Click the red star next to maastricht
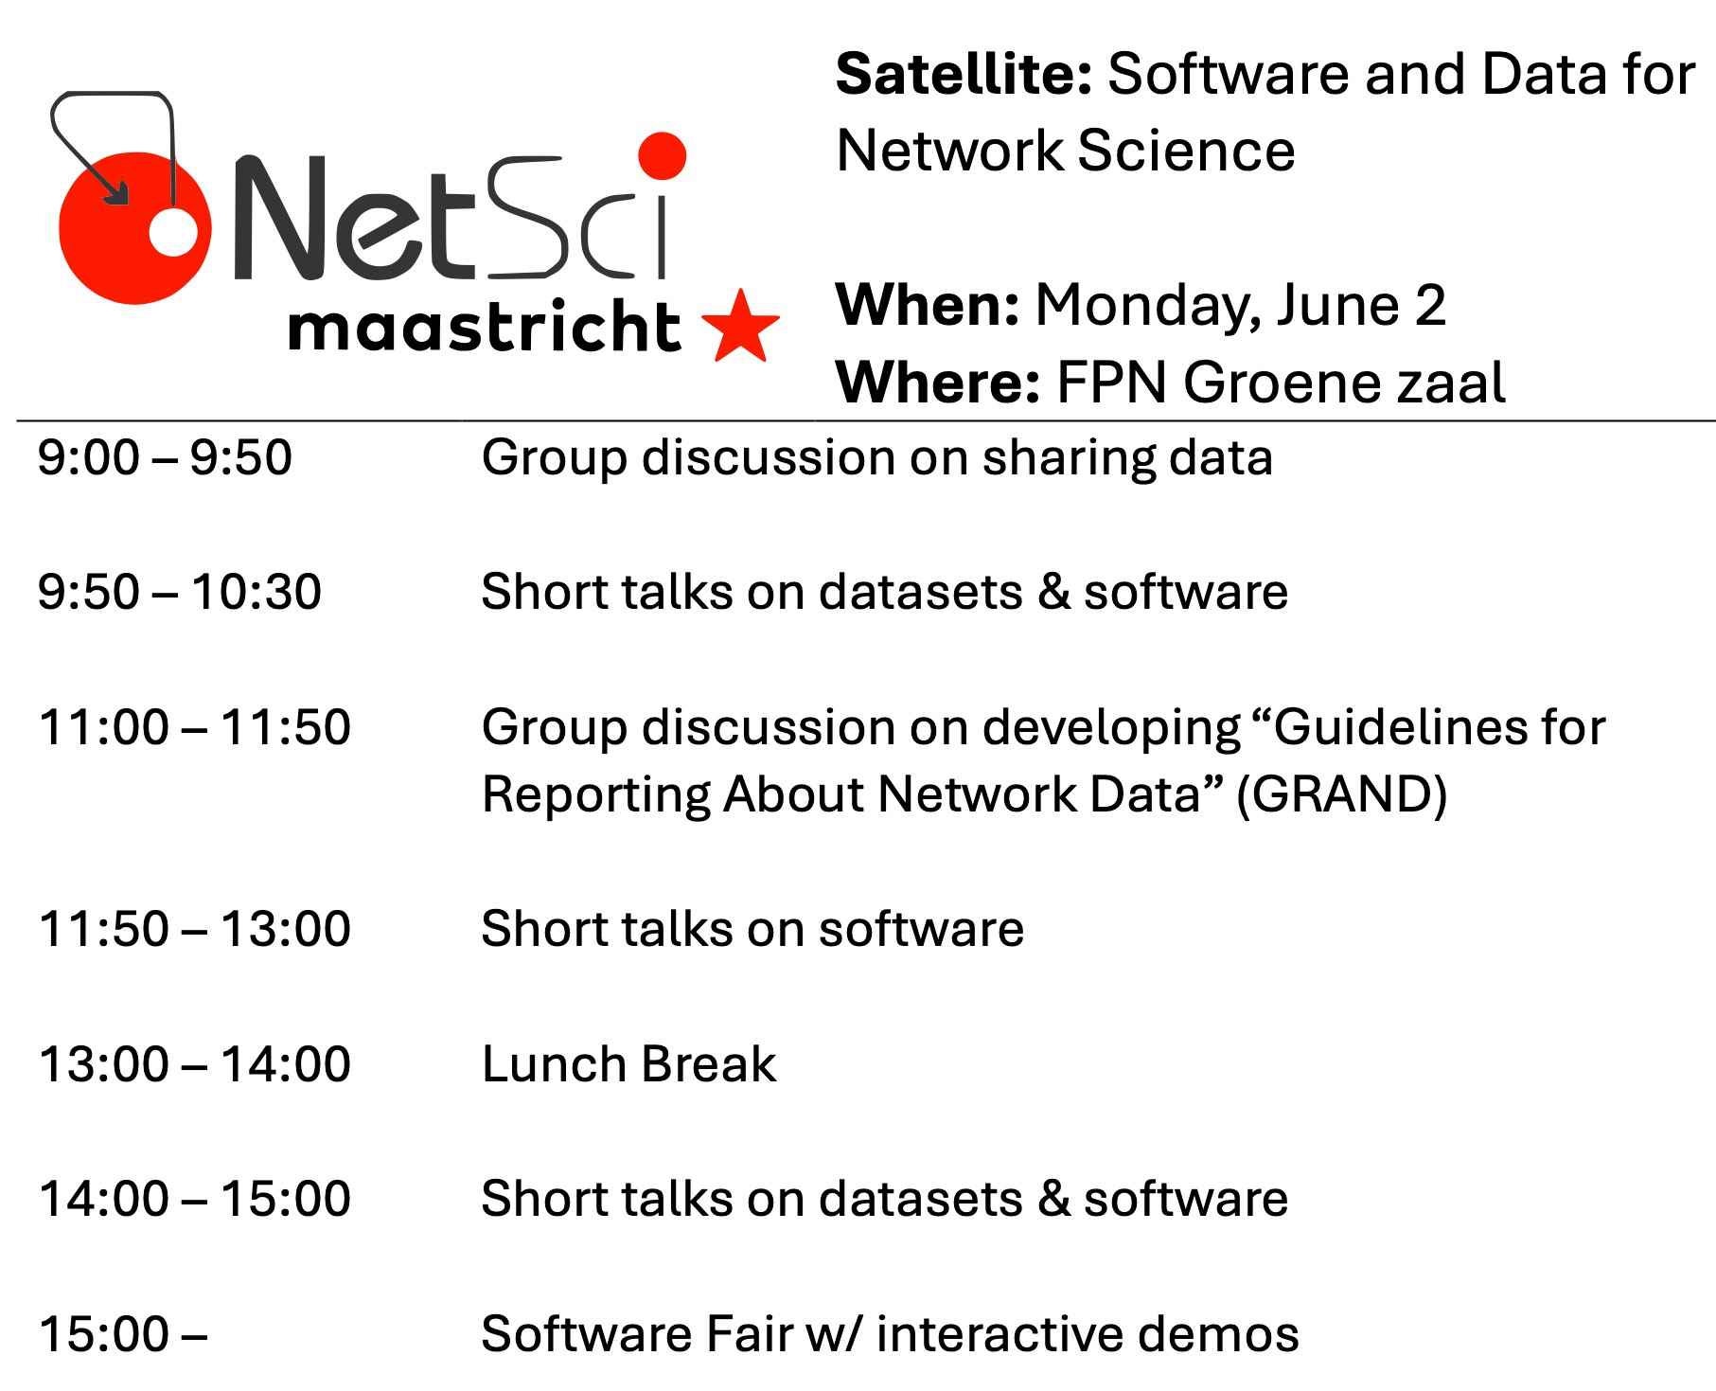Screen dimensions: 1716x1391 [741, 328]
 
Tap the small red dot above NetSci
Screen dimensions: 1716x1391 [662, 155]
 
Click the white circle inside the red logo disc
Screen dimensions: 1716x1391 [174, 231]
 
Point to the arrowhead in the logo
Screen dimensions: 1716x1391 [117, 191]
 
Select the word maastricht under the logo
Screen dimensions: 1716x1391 [484, 327]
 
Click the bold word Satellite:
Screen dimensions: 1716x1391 [964, 74]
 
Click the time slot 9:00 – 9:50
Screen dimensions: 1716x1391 [165, 457]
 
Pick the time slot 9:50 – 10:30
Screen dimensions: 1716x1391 [180, 592]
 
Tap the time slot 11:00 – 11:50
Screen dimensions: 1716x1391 [195, 727]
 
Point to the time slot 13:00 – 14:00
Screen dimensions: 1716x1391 [195, 1063]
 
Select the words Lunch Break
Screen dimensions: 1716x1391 [629, 1063]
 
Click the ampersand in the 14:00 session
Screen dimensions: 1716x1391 [1053, 1199]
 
